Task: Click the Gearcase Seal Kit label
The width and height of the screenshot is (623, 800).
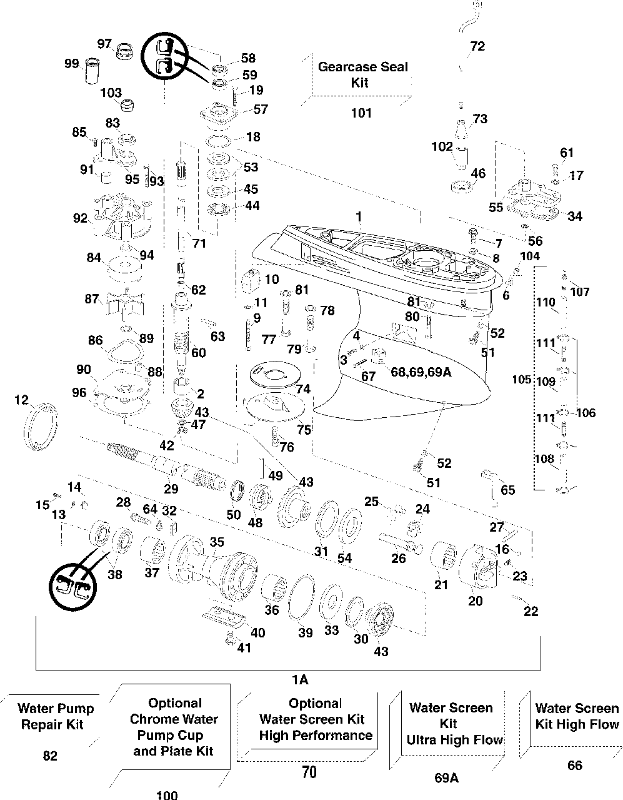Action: (362, 74)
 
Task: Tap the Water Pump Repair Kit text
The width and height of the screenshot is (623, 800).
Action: (56, 717)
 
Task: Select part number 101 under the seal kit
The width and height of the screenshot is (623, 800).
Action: (361, 113)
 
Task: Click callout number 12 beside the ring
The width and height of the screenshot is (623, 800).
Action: (21, 399)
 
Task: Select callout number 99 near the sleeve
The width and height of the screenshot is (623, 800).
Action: (72, 63)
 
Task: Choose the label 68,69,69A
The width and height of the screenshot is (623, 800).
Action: (421, 372)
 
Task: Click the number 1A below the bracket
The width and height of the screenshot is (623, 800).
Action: (299, 679)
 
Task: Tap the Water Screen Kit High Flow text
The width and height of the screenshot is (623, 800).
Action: (577, 716)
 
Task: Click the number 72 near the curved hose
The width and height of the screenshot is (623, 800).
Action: (477, 47)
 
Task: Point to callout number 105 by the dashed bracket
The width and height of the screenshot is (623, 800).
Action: (521, 380)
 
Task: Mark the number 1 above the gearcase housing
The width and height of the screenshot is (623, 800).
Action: (359, 217)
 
